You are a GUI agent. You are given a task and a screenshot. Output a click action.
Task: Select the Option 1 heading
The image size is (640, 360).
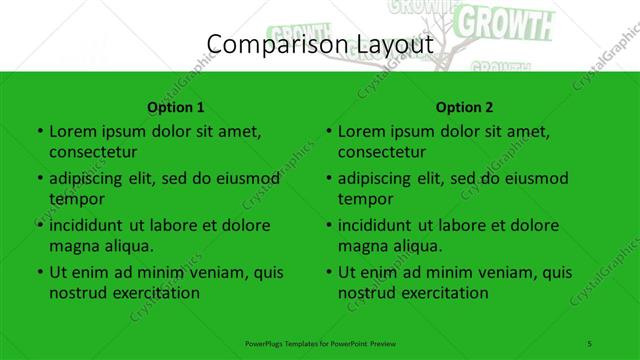point(176,107)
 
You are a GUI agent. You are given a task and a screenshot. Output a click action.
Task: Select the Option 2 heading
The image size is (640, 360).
point(465,107)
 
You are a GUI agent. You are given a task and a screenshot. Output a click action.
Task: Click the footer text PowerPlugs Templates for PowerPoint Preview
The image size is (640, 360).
point(320,343)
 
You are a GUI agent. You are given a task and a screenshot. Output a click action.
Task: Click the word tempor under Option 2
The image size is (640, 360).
point(361,199)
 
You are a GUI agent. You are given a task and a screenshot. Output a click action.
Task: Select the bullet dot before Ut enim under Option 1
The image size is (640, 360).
point(39,272)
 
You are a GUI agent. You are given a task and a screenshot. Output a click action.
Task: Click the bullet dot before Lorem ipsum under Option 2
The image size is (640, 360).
point(328,131)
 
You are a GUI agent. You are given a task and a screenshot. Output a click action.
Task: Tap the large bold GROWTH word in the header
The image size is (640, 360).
point(510,21)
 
